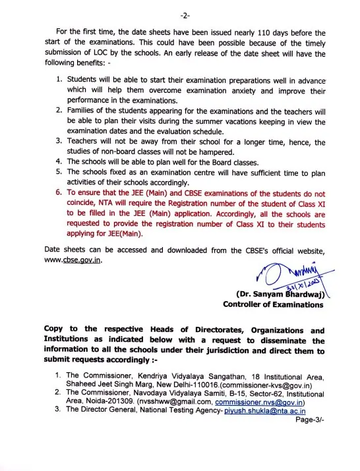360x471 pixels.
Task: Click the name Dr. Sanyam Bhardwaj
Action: tap(282, 294)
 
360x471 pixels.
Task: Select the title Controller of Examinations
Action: tap(273, 304)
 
